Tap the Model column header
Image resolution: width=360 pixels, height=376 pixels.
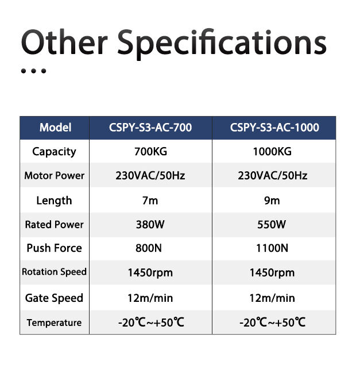coord(55,127)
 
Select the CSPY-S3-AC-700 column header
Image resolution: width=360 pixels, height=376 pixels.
coord(150,127)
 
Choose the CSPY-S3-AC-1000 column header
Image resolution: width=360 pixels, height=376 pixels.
coord(274,127)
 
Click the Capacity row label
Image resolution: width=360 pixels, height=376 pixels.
coord(54,152)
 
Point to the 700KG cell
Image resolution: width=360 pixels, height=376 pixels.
coord(150,152)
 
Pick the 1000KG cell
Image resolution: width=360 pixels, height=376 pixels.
coord(272,152)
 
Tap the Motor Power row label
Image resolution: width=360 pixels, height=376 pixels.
coord(54,176)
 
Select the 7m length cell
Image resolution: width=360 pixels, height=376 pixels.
coord(150,201)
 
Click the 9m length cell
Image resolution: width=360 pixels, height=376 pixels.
coord(272,201)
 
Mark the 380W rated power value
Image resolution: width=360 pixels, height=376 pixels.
coord(150,225)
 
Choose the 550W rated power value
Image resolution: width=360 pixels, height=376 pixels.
coord(272,225)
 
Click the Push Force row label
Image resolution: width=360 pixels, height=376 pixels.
coord(54,248)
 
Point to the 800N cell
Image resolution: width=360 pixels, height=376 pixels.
coord(150,248)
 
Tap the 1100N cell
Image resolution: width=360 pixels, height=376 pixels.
coord(272,248)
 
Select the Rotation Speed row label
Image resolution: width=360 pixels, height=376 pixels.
coord(54,272)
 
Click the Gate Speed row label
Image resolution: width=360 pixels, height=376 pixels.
coord(54,298)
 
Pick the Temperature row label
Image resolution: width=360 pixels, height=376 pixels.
coord(54,323)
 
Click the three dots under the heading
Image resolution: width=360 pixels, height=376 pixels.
coord(33,72)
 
